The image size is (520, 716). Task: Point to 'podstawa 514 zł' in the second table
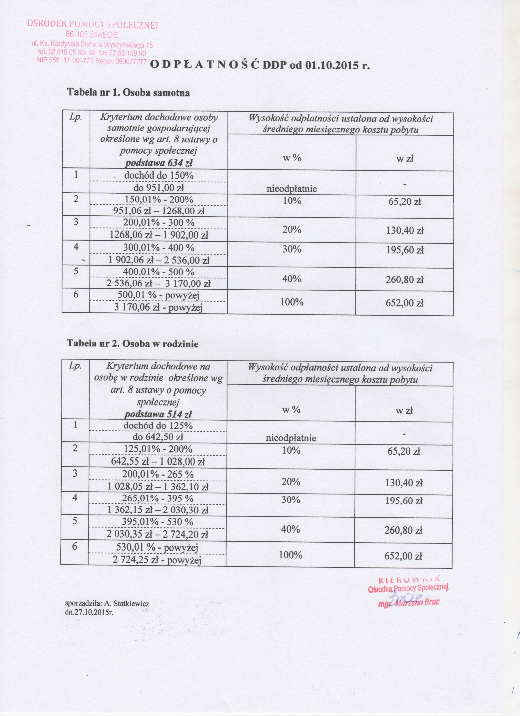coord(158,414)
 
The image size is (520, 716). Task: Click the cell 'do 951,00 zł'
coord(159,188)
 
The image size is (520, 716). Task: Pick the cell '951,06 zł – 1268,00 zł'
coord(159,211)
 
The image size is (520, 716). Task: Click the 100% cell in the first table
coord(292,302)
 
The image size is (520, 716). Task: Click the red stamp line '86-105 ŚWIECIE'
coord(92,34)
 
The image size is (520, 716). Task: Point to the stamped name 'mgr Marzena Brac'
coord(409,602)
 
